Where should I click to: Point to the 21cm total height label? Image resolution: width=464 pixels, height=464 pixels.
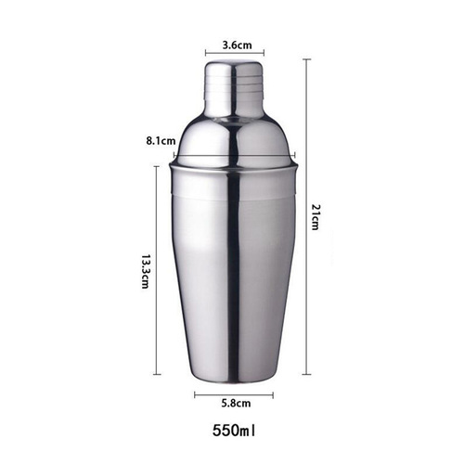click(316, 219)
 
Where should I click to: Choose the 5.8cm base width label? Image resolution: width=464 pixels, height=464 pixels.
click(233, 405)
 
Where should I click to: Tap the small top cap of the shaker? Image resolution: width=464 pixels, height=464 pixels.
click(233, 84)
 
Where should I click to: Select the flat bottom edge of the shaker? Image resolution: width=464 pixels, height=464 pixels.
click(233, 379)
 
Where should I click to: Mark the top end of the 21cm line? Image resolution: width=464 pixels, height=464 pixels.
click(306, 59)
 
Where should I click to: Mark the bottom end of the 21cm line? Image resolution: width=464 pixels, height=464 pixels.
click(306, 375)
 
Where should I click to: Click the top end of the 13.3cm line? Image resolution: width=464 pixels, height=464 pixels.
click(154, 166)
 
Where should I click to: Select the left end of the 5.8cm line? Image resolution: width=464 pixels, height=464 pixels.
click(195, 394)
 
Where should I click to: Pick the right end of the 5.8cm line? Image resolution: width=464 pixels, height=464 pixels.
click(273, 394)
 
